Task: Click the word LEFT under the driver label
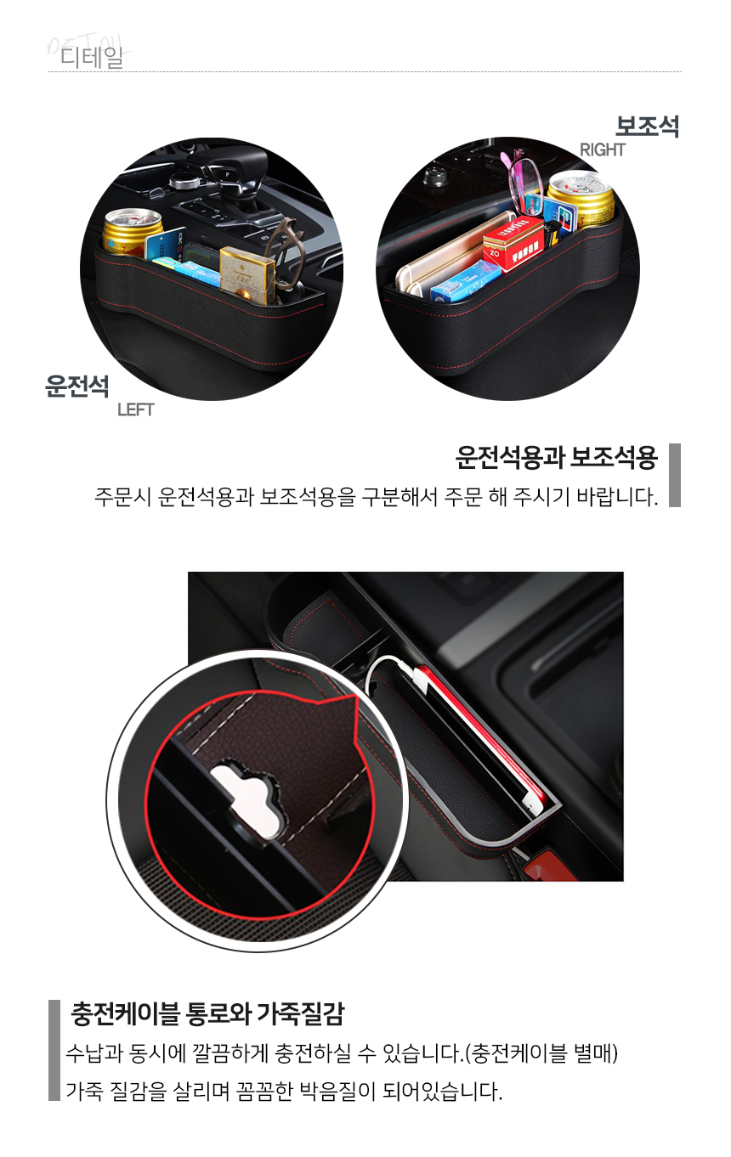(135, 409)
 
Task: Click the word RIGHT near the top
(603, 150)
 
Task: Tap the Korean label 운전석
(77, 386)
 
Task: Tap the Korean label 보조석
(647, 126)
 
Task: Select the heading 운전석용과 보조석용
(556, 458)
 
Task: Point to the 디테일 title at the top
(92, 56)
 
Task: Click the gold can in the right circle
(581, 200)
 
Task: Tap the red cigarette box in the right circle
(514, 243)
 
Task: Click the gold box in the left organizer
(247, 274)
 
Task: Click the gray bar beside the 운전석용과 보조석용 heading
(674, 475)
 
